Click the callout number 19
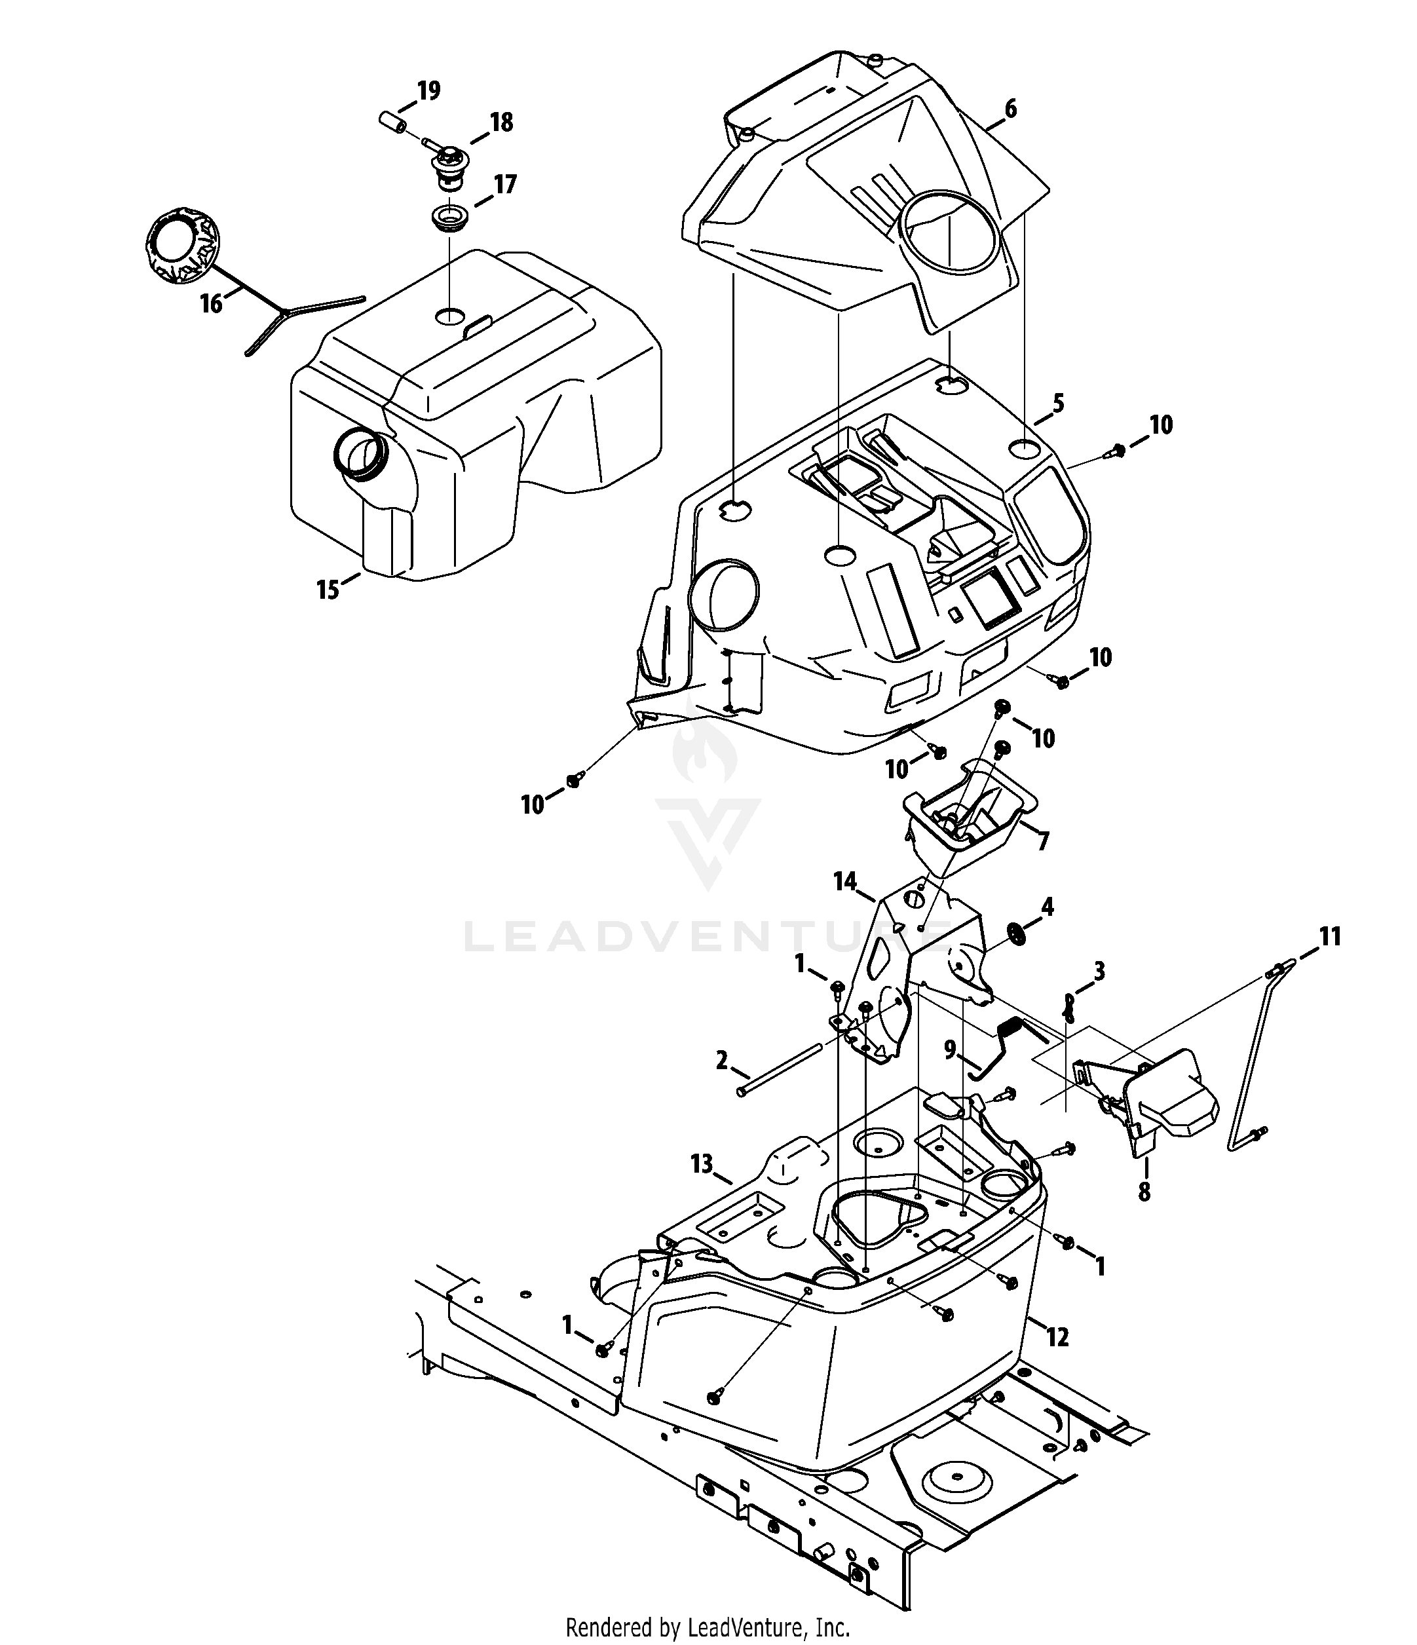tap(428, 91)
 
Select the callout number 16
tap(211, 303)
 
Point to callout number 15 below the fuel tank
tap(328, 590)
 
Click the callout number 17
tap(505, 185)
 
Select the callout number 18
tap(501, 123)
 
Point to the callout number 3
tap(1099, 970)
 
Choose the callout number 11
tap(1330, 937)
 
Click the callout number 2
tap(721, 1060)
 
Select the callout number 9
tap(950, 1049)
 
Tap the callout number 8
tap(1144, 1192)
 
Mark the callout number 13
tap(702, 1164)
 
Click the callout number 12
tap(1057, 1338)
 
